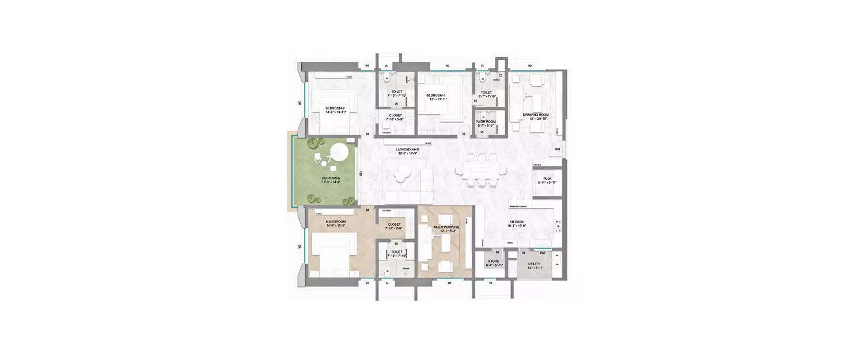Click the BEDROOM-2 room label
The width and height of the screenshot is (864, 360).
coord(319,108)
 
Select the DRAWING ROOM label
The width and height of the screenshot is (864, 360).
coord(536,115)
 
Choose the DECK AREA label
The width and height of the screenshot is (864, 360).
coord(331,178)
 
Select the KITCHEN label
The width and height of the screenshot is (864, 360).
coord(516,222)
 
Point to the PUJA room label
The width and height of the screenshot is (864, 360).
coord(548,179)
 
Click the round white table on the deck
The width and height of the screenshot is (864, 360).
coord(338,154)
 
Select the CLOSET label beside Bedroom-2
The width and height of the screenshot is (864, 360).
coord(395,115)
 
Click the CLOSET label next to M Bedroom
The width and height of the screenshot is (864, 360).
coord(395,224)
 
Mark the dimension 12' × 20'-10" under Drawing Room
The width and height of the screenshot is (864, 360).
coord(536,119)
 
